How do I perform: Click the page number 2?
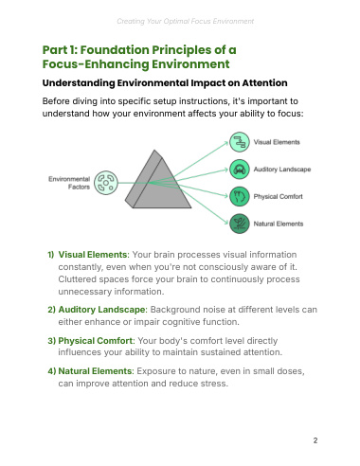click(x=315, y=440)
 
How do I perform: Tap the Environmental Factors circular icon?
click(x=106, y=183)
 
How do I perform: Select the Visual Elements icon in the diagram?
click(x=240, y=142)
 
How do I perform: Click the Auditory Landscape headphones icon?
click(x=240, y=170)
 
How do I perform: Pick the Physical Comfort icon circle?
click(x=240, y=196)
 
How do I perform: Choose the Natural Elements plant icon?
click(x=240, y=224)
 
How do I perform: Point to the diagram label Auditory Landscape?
click(x=282, y=170)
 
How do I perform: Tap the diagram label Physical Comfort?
click(x=278, y=196)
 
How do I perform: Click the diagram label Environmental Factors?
click(x=69, y=183)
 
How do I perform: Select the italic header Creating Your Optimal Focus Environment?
click(x=185, y=21)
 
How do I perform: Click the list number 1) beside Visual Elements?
click(x=51, y=255)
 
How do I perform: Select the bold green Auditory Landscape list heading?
click(x=102, y=310)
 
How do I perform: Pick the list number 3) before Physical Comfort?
click(x=52, y=341)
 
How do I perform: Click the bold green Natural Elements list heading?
click(x=96, y=370)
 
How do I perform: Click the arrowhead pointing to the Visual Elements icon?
click(x=226, y=143)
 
